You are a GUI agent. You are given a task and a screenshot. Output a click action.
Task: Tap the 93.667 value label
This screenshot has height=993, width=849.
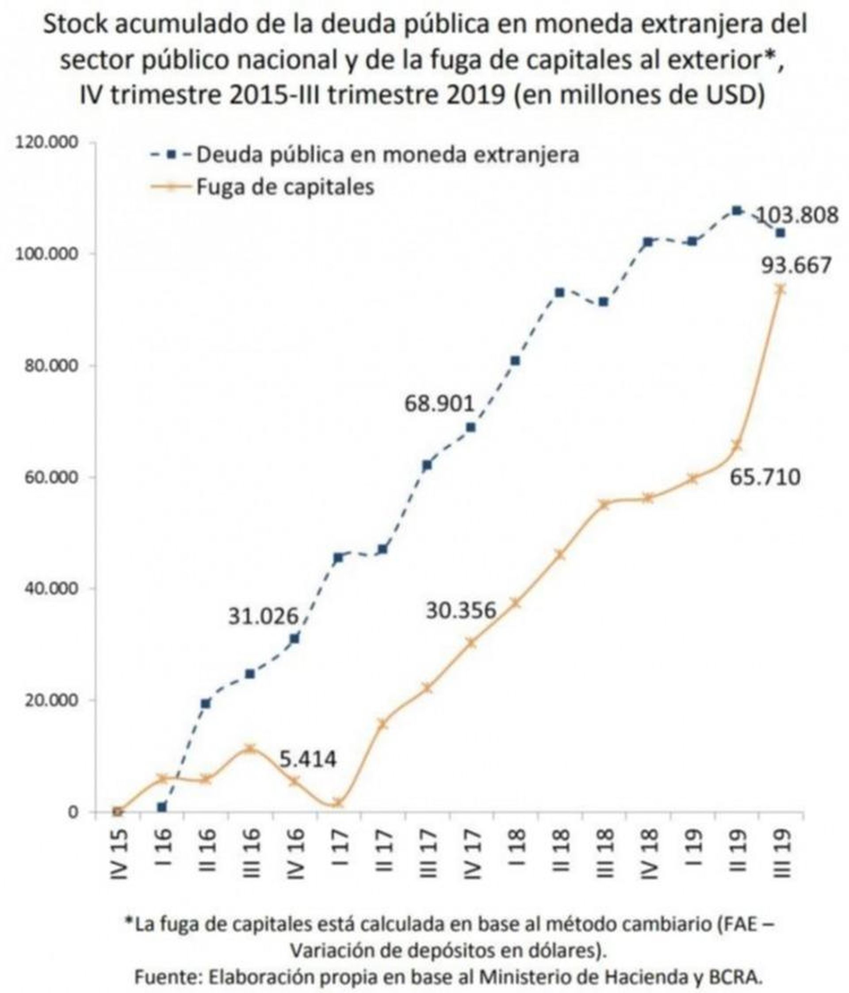[x=796, y=265]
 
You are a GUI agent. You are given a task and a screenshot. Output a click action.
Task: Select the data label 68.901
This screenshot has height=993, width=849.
[x=439, y=403]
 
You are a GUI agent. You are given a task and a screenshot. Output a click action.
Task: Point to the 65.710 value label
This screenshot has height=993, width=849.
[x=765, y=477]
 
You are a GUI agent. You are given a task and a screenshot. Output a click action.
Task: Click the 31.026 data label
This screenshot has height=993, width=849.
[x=263, y=616]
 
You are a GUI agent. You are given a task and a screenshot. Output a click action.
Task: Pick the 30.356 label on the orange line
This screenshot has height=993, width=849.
[x=460, y=610]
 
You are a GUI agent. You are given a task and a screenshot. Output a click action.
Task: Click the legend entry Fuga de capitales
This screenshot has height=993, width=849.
[x=285, y=186]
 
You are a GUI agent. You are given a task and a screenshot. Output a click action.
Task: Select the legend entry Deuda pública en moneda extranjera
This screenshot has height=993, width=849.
[x=387, y=154]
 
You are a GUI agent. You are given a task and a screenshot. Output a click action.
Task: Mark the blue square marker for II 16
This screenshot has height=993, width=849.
[x=206, y=703]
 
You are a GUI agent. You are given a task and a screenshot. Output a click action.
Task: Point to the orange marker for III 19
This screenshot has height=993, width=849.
[x=780, y=289]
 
